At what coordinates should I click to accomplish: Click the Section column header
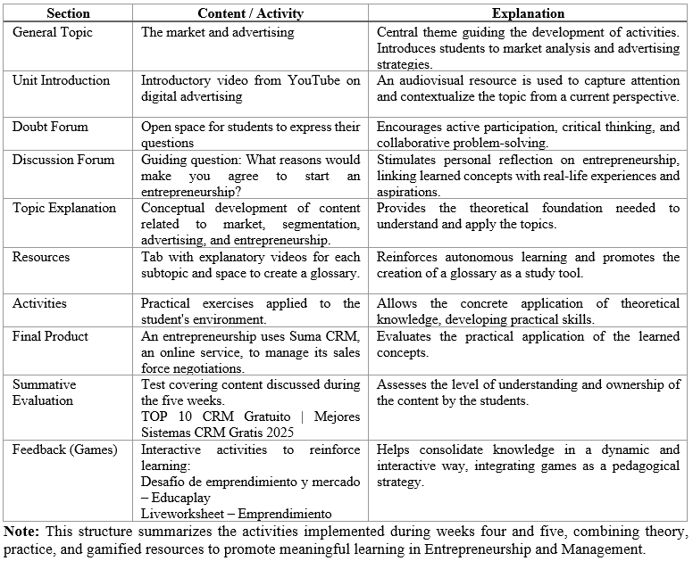click(68, 14)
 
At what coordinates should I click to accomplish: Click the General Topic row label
click(52, 32)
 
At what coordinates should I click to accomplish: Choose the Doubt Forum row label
click(50, 128)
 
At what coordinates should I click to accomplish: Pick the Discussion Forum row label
click(63, 161)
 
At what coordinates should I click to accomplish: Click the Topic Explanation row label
click(64, 209)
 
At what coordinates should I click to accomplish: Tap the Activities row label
click(39, 304)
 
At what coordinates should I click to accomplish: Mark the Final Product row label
click(50, 337)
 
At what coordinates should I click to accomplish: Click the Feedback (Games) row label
click(64, 450)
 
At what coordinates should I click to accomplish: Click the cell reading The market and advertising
click(218, 32)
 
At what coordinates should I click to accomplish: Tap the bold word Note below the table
click(21, 532)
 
